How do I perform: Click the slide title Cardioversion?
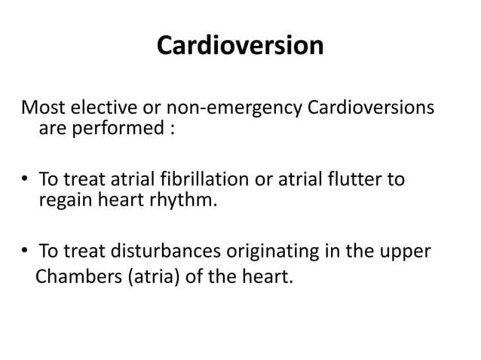pos(240,46)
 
